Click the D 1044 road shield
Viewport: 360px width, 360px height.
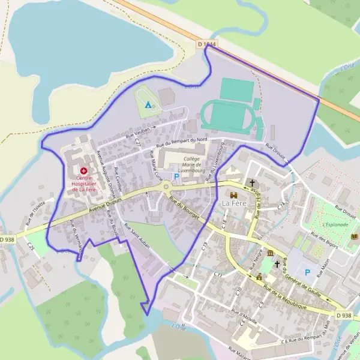coord(206,44)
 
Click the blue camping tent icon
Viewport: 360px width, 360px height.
coord(148,105)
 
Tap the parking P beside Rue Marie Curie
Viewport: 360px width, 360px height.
coord(176,176)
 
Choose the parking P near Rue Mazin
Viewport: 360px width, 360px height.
coord(308,272)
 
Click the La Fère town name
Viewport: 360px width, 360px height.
coord(233,203)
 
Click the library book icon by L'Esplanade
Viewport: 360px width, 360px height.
coord(354,237)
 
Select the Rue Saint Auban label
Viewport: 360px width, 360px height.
coord(137,239)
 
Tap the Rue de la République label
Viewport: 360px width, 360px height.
coord(285,297)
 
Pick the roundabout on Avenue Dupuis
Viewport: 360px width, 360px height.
coord(166,188)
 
